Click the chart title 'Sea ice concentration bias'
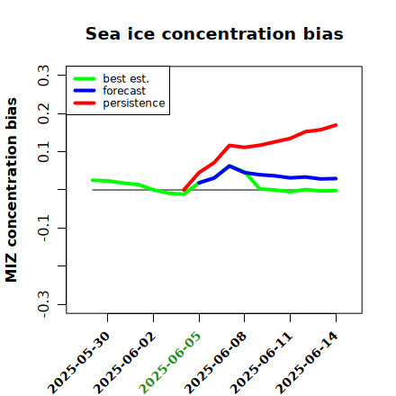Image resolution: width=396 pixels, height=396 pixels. click(x=214, y=33)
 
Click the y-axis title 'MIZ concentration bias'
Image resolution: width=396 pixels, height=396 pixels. click(x=12, y=190)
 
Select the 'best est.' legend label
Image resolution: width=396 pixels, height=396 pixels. click(x=126, y=78)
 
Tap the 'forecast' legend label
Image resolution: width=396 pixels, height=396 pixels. click(x=124, y=91)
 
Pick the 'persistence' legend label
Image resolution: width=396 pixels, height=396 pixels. click(x=134, y=103)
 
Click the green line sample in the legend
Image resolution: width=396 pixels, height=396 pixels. click(x=85, y=78)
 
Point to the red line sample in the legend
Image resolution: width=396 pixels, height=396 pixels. click(x=85, y=103)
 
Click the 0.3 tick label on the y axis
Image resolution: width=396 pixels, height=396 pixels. click(x=43, y=76)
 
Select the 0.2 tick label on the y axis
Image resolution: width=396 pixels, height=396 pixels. click(x=43, y=113)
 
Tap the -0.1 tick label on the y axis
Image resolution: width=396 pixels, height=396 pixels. click(x=43, y=228)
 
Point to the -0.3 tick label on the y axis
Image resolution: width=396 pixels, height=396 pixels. click(x=43, y=304)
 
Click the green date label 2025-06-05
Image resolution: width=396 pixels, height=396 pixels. click(x=170, y=363)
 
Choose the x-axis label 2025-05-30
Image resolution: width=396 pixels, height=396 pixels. click(x=78, y=363)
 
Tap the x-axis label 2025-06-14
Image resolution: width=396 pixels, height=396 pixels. click(x=307, y=363)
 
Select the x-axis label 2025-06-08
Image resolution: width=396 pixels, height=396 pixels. click(x=215, y=363)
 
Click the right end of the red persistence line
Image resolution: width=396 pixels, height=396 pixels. click(x=336, y=125)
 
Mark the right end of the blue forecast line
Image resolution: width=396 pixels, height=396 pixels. click(x=336, y=178)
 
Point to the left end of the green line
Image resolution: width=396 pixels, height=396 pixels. click(x=93, y=180)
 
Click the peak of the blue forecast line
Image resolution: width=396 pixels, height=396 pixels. click(x=229, y=166)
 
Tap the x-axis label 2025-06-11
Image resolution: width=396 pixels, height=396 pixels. click(x=261, y=363)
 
